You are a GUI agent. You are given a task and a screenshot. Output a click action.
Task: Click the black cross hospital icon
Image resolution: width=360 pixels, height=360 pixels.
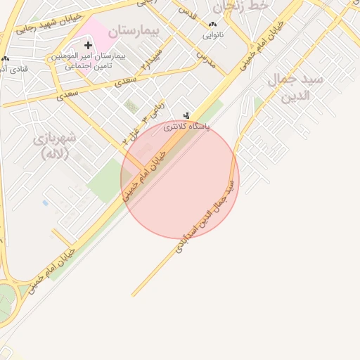pos(88,45)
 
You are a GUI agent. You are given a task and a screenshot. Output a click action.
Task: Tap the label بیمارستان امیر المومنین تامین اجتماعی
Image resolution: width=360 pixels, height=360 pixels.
pos(84,60)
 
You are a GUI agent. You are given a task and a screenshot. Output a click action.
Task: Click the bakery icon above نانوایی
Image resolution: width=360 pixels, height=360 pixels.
pos(213,23)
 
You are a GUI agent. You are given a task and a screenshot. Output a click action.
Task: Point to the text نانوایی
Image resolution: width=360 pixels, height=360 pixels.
pos(213,34)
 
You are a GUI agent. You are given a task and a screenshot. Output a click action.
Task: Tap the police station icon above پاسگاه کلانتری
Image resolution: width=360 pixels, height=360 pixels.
pos(186,115)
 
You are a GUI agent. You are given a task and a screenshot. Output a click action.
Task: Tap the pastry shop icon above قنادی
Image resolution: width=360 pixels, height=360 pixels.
pos(6,59)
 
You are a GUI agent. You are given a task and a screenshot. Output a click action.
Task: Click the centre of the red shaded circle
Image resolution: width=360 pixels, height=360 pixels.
pos(180,179)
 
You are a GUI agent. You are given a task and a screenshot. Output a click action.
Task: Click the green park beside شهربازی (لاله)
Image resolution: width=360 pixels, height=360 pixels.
pos(105,179)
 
